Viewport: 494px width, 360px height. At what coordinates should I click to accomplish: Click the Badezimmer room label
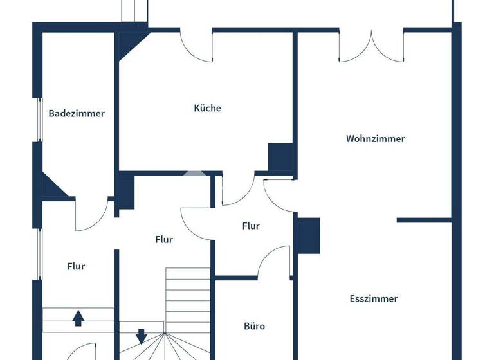(77, 114)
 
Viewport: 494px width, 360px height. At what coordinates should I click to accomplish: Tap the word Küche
(207, 108)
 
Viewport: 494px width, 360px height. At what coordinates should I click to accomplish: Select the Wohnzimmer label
(375, 138)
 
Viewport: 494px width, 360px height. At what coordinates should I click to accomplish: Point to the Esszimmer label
(374, 298)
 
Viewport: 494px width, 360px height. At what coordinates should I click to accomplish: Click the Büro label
(254, 326)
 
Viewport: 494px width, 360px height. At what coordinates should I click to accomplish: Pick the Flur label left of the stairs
(76, 266)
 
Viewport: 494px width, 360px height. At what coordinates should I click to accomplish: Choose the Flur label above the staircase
(164, 239)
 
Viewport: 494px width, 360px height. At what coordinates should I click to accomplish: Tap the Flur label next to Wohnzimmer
(251, 226)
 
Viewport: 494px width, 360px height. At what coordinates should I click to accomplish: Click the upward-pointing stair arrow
(78, 317)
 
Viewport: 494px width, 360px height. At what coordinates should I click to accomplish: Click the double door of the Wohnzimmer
(371, 45)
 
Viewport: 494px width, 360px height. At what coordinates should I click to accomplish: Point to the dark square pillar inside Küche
(280, 157)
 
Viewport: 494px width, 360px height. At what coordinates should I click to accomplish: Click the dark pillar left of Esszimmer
(308, 235)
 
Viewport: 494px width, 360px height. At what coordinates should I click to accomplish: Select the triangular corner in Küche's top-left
(131, 44)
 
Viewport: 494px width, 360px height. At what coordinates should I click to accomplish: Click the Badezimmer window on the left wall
(39, 120)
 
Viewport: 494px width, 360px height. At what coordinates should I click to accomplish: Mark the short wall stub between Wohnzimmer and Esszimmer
(424, 220)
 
